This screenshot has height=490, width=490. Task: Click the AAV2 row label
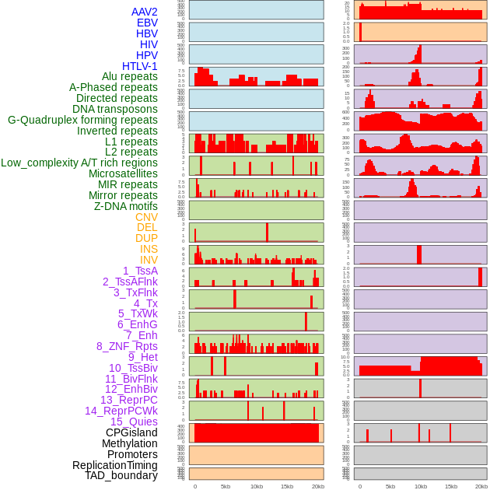pos(145,12)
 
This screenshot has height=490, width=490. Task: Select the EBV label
pos(147,23)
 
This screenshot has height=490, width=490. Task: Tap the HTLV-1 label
pos(140,66)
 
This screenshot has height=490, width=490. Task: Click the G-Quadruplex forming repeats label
pos(82,120)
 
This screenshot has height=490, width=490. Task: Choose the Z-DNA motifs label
pos(126,206)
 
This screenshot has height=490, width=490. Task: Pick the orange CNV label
pos(146,217)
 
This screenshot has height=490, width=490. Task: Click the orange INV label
pos(149,260)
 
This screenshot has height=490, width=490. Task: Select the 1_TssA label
pos(140,271)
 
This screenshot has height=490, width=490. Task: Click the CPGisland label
pos(131,432)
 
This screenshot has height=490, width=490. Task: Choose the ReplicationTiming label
pos(114,465)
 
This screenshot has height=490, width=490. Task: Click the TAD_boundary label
pos(121,475)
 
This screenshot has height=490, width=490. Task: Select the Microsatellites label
pos(123,173)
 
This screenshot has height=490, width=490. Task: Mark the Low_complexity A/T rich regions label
pos(79,163)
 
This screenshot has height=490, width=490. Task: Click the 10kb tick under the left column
pos(256,486)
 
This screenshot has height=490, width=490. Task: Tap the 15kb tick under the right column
pos(451,486)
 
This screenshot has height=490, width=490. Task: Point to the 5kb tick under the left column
pos(226,486)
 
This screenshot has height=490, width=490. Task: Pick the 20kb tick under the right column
pos(481,486)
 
